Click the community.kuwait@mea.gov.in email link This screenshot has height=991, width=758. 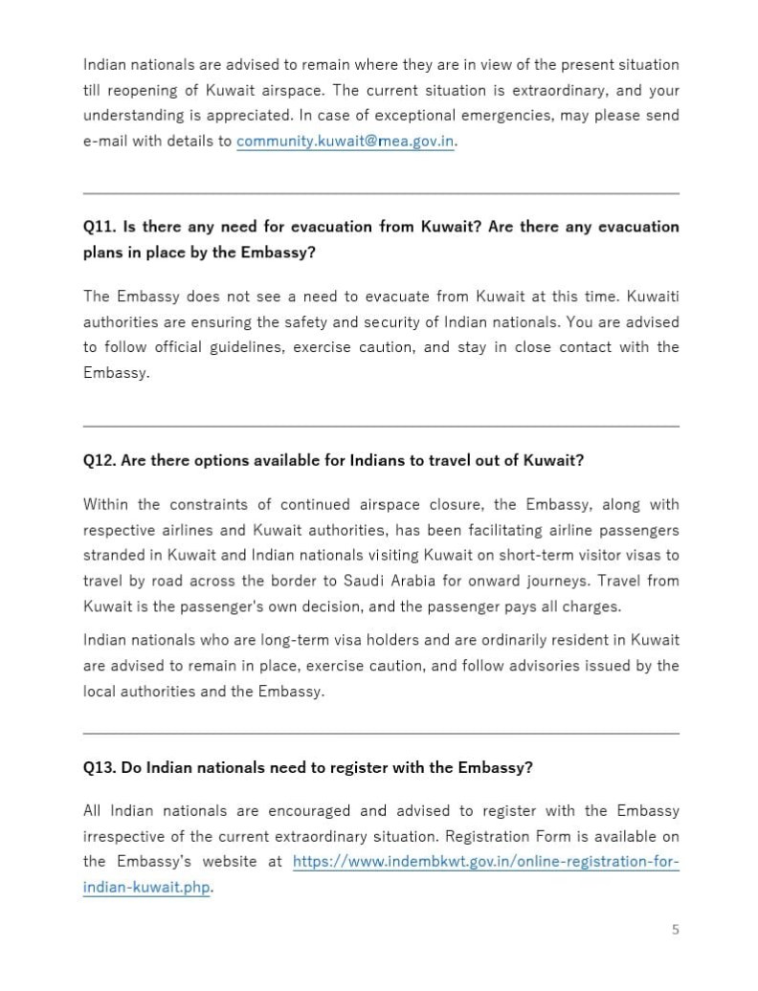pyautogui.click(x=345, y=141)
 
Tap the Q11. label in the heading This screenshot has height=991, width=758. pyautogui.click(x=100, y=227)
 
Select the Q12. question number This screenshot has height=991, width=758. pyautogui.click(x=100, y=460)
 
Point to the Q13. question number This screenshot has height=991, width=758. pyautogui.click(x=100, y=767)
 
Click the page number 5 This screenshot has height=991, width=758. pyautogui.click(x=675, y=929)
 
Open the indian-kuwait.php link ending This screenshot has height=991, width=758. pyautogui.click(x=146, y=887)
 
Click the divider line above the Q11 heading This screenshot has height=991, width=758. pyautogui.click(x=381, y=193)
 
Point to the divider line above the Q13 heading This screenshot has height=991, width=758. pyautogui.click(x=381, y=734)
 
